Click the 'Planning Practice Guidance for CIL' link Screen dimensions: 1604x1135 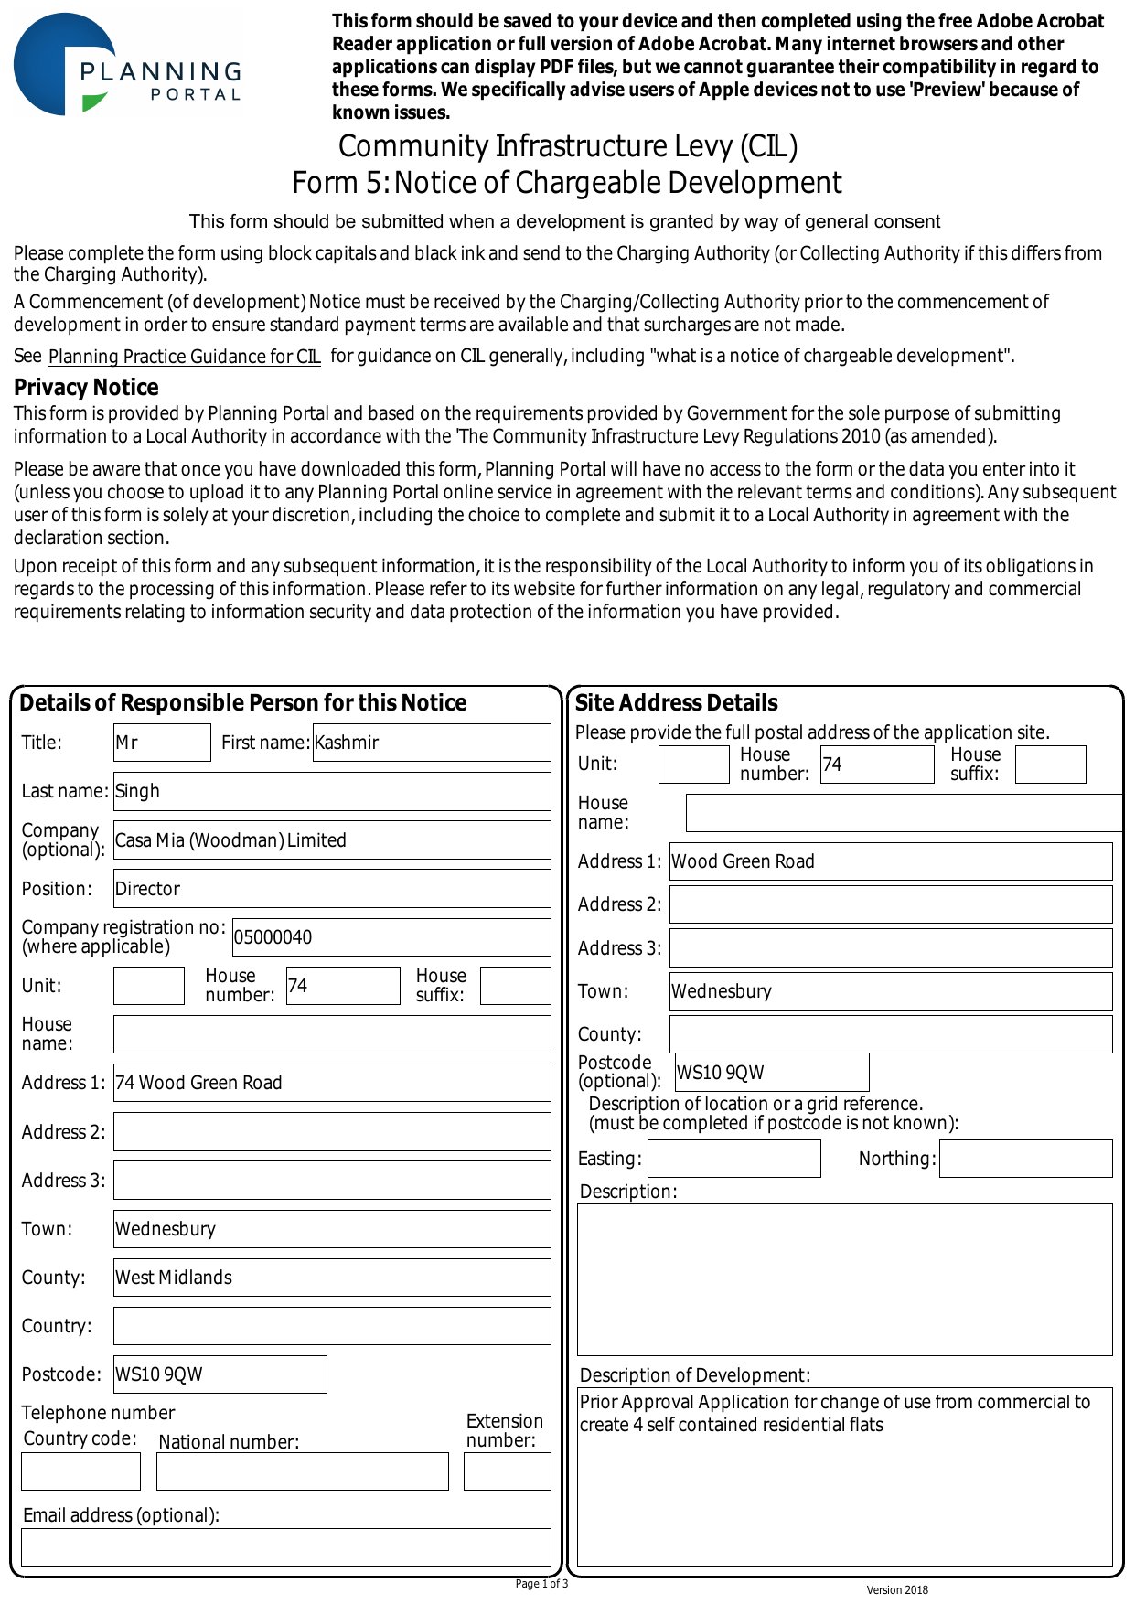(184, 357)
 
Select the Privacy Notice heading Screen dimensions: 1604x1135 (86, 387)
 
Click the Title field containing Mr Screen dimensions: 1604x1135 (162, 743)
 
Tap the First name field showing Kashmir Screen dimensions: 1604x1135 (431, 743)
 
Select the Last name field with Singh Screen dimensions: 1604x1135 (331, 791)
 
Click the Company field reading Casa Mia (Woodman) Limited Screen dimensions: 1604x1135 (331, 840)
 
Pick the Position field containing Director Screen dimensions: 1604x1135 (331, 889)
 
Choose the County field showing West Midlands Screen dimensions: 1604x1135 (331, 1278)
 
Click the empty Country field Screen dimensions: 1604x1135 (331, 1326)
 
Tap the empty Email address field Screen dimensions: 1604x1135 (285, 1547)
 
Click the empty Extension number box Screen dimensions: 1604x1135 (507, 1471)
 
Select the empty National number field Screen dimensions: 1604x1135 (302, 1471)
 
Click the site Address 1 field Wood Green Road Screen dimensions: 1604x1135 (890, 861)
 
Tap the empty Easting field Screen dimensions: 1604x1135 (733, 1159)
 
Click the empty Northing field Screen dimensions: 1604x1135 (1025, 1159)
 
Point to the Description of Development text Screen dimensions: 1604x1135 (834, 1413)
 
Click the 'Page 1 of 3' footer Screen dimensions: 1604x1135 (541, 1584)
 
